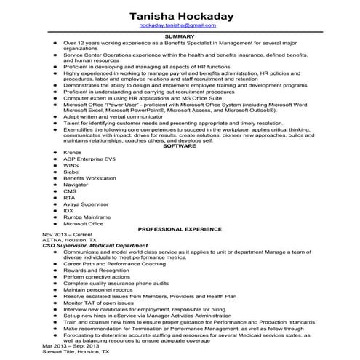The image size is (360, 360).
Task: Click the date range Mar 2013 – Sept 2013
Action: click(x=71, y=345)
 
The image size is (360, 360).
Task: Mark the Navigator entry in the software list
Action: click(x=76, y=185)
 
